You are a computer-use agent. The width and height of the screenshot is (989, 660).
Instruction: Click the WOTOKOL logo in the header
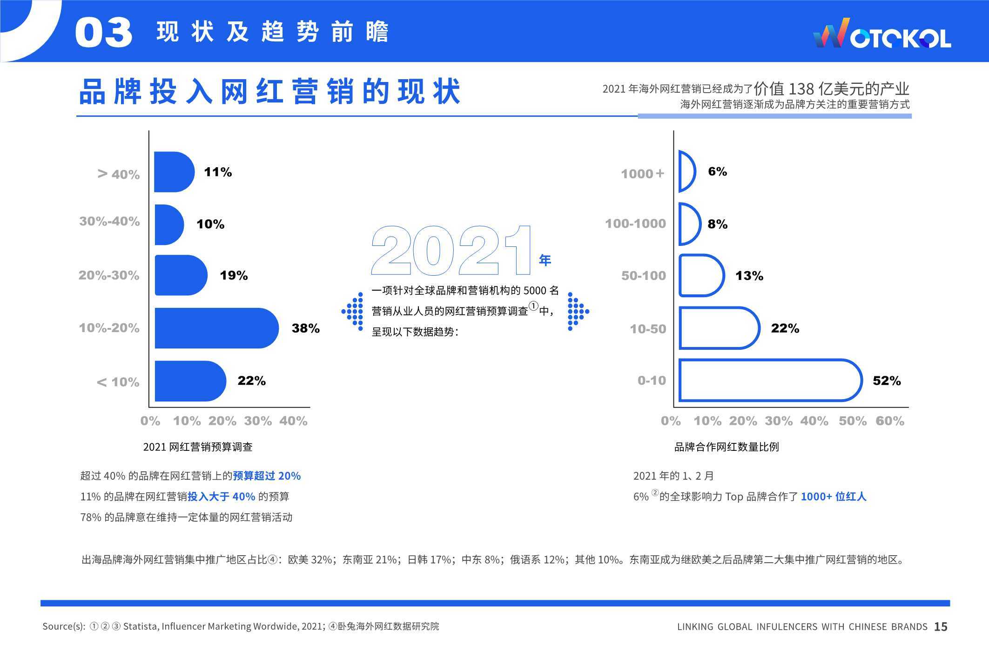(x=881, y=34)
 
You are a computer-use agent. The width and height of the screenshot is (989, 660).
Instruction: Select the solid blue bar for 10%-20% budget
(x=216, y=328)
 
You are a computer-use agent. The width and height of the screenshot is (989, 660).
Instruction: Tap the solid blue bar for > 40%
(x=174, y=172)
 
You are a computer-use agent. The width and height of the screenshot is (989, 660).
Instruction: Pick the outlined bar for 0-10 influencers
(x=770, y=380)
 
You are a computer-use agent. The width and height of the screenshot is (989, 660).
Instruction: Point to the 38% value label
(x=306, y=328)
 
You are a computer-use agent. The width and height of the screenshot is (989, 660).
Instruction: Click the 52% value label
(x=887, y=381)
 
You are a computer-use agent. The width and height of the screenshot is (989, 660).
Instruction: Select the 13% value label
(x=749, y=276)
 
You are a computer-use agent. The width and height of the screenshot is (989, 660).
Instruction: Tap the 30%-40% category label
(x=109, y=221)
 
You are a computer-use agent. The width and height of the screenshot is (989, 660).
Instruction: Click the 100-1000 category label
(x=635, y=224)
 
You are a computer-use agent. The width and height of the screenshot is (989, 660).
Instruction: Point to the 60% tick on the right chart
(x=889, y=421)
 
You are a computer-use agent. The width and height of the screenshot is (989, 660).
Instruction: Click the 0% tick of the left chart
(x=150, y=421)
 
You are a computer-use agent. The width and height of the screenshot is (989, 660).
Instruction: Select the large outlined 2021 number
(x=451, y=251)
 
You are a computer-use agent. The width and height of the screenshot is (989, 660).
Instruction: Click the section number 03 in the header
(x=104, y=33)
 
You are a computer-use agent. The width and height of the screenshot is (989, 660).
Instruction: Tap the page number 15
(x=941, y=627)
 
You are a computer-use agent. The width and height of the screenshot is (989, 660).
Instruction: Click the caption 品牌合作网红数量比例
(x=727, y=447)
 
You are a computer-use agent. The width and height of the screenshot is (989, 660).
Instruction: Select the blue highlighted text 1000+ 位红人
(x=834, y=497)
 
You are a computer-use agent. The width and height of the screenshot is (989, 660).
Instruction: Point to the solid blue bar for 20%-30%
(x=181, y=275)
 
